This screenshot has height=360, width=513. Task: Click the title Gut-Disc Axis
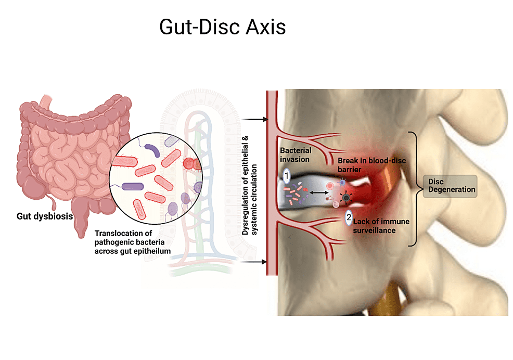tap(223, 27)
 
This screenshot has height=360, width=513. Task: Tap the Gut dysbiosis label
tap(45, 216)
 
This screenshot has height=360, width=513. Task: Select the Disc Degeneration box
tap(450, 186)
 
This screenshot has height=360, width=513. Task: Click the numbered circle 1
tap(287, 176)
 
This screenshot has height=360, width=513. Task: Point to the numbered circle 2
tap(349, 217)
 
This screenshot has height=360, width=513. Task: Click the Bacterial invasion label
tap(296, 155)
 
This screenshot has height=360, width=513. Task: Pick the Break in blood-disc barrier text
tap(371, 165)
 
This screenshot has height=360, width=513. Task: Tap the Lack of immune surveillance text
tap(381, 226)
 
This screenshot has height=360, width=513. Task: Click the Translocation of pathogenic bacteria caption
tap(133, 242)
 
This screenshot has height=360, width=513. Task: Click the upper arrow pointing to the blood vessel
tap(255, 120)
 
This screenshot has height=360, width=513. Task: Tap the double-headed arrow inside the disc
tap(319, 193)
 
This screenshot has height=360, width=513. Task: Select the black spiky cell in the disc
tap(346, 197)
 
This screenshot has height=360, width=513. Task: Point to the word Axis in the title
tap(266, 27)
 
